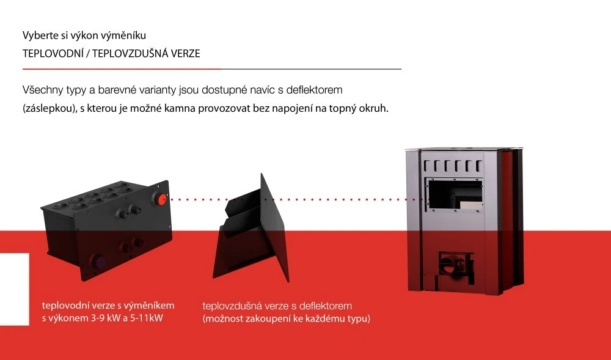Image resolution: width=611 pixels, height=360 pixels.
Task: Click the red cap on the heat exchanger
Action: tap(161, 199)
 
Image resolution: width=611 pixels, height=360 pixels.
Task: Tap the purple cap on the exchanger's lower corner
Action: tap(98, 260)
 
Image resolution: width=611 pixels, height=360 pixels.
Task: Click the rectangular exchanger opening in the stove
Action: tap(455, 195)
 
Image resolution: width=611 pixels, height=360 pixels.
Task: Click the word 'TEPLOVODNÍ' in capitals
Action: tap(53, 54)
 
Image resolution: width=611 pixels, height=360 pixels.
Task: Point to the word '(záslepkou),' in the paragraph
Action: tap(50, 108)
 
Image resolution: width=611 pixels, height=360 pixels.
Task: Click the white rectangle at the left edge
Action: tap(15, 289)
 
